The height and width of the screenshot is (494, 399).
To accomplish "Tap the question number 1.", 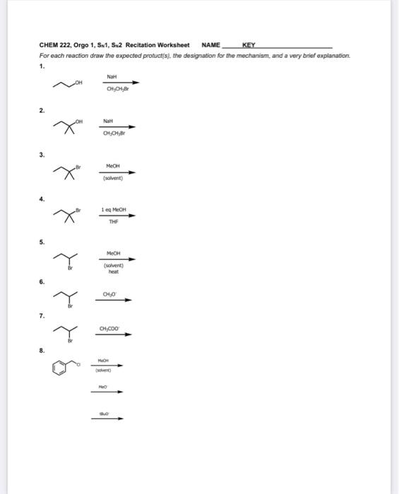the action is pyautogui.click(x=42, y=66).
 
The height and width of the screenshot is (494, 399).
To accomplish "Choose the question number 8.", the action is pyautogui.click(x=42, y=349).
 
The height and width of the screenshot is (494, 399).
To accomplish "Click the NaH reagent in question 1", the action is pyautogui.click(x=112, y=76).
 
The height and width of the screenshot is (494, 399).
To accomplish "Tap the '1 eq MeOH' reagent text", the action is pyautogui.click(x=113, y=210).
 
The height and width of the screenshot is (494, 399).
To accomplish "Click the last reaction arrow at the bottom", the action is pyautogui.click(x=108, y=418).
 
